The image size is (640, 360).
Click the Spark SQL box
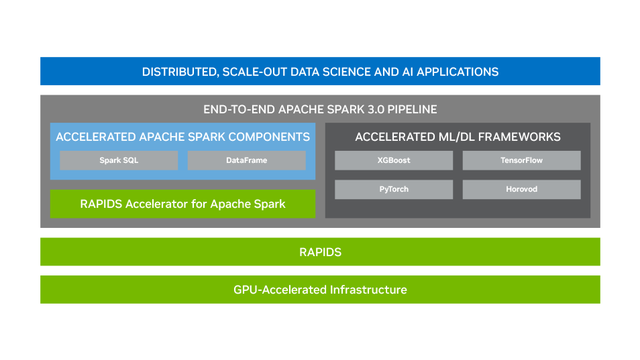[119, 160]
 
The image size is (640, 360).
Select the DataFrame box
[246, 160]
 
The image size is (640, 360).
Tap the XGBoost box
[394, 160]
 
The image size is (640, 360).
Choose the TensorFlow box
[521, 160]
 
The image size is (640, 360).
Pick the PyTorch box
[394, 189]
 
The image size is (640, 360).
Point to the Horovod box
[521, 189]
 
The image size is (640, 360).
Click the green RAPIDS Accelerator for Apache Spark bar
[182, 204]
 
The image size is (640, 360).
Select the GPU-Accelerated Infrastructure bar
[320, 290]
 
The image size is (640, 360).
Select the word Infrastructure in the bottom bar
[368, 290]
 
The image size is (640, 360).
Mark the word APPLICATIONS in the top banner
[458, 72]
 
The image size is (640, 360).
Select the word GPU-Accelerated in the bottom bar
[280, 290]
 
